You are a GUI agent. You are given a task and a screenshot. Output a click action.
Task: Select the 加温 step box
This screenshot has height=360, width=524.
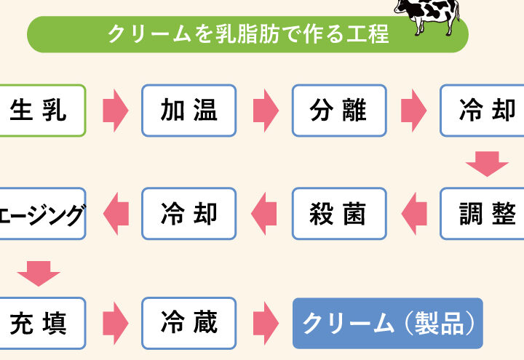[x=189, y=111]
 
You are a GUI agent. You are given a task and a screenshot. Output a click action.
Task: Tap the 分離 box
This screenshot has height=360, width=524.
[x=338, y=111]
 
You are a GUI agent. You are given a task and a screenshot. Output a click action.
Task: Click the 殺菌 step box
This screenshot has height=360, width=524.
[x=338, y=214]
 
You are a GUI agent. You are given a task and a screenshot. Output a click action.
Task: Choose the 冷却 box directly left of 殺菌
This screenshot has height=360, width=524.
[x=189, y=214]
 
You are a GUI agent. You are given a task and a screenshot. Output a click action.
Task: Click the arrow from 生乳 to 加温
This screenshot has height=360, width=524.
[x=115, y=111]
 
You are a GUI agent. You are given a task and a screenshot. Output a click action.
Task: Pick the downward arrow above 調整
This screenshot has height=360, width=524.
[x=487, y=164]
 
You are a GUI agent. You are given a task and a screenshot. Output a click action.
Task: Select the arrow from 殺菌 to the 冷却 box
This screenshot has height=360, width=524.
[x=264, y=214]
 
